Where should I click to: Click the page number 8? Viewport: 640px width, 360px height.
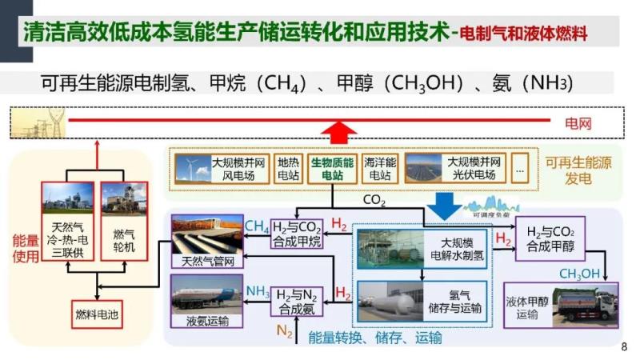point(624,347)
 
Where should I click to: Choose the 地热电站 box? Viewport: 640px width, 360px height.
point(289,168)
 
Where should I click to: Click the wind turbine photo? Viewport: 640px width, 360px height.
point(193,168)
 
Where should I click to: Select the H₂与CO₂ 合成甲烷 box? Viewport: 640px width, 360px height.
point(297,232)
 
